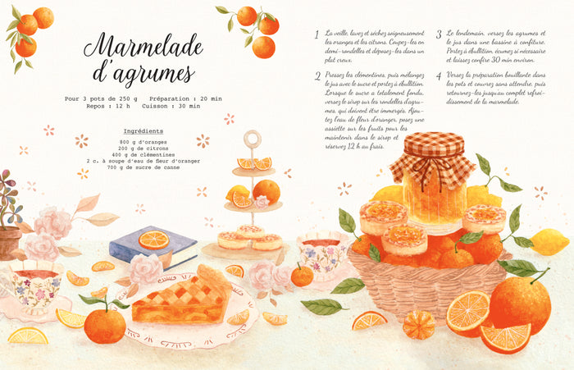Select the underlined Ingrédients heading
(x=143, y=131)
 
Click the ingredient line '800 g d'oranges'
(x=143, y=141)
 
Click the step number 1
(x=317, y=35)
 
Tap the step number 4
(x=440, y=76)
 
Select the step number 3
(x=440, y=35)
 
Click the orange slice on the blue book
(x=153, y=240)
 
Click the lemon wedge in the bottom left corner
(x=27, y=335)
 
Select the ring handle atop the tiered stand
(x=253, y=139)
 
